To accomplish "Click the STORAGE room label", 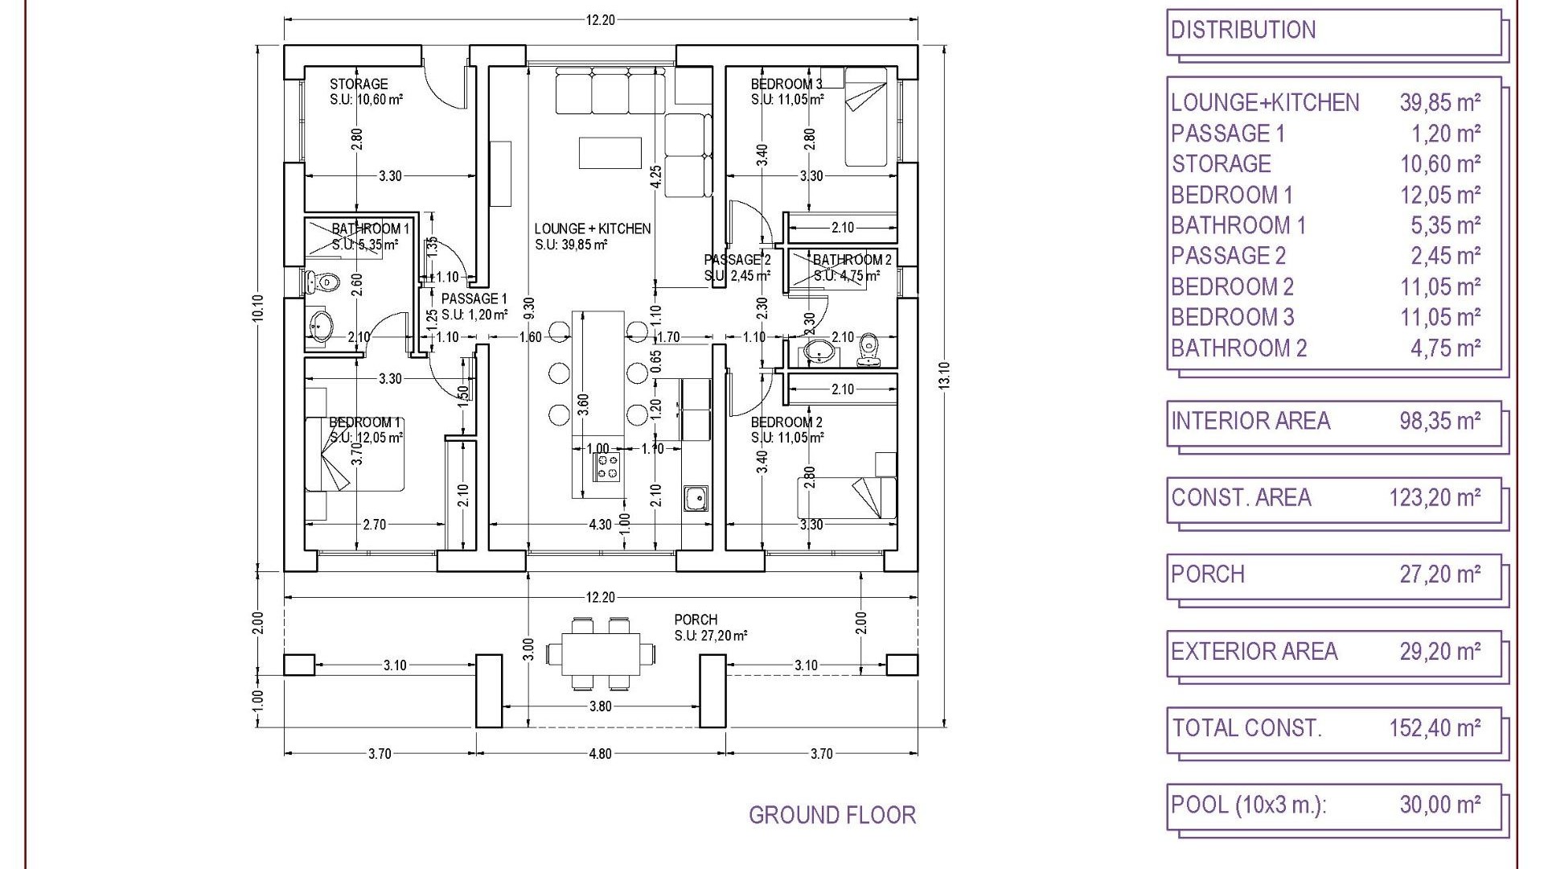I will (359, 84).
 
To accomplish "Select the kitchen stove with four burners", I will (608, 465).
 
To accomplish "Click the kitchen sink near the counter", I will (696, 499).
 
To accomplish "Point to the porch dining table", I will (602, 654).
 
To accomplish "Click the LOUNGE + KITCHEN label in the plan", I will (593, 229).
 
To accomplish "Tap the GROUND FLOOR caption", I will (832, 815).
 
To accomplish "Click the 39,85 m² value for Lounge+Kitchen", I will (1439, 102).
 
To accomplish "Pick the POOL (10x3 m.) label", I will (1249, 805).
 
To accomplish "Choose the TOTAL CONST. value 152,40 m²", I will (1435, 728).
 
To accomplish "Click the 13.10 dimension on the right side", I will (944, 376).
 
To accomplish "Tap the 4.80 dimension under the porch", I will (600, 754).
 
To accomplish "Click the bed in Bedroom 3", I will (865, 117).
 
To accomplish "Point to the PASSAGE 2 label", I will (737, 260).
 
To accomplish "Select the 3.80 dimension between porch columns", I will (600, 706).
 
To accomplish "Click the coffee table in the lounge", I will (610, 153).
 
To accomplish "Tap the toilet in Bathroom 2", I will (868, 348).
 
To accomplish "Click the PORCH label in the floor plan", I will (696, 620).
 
